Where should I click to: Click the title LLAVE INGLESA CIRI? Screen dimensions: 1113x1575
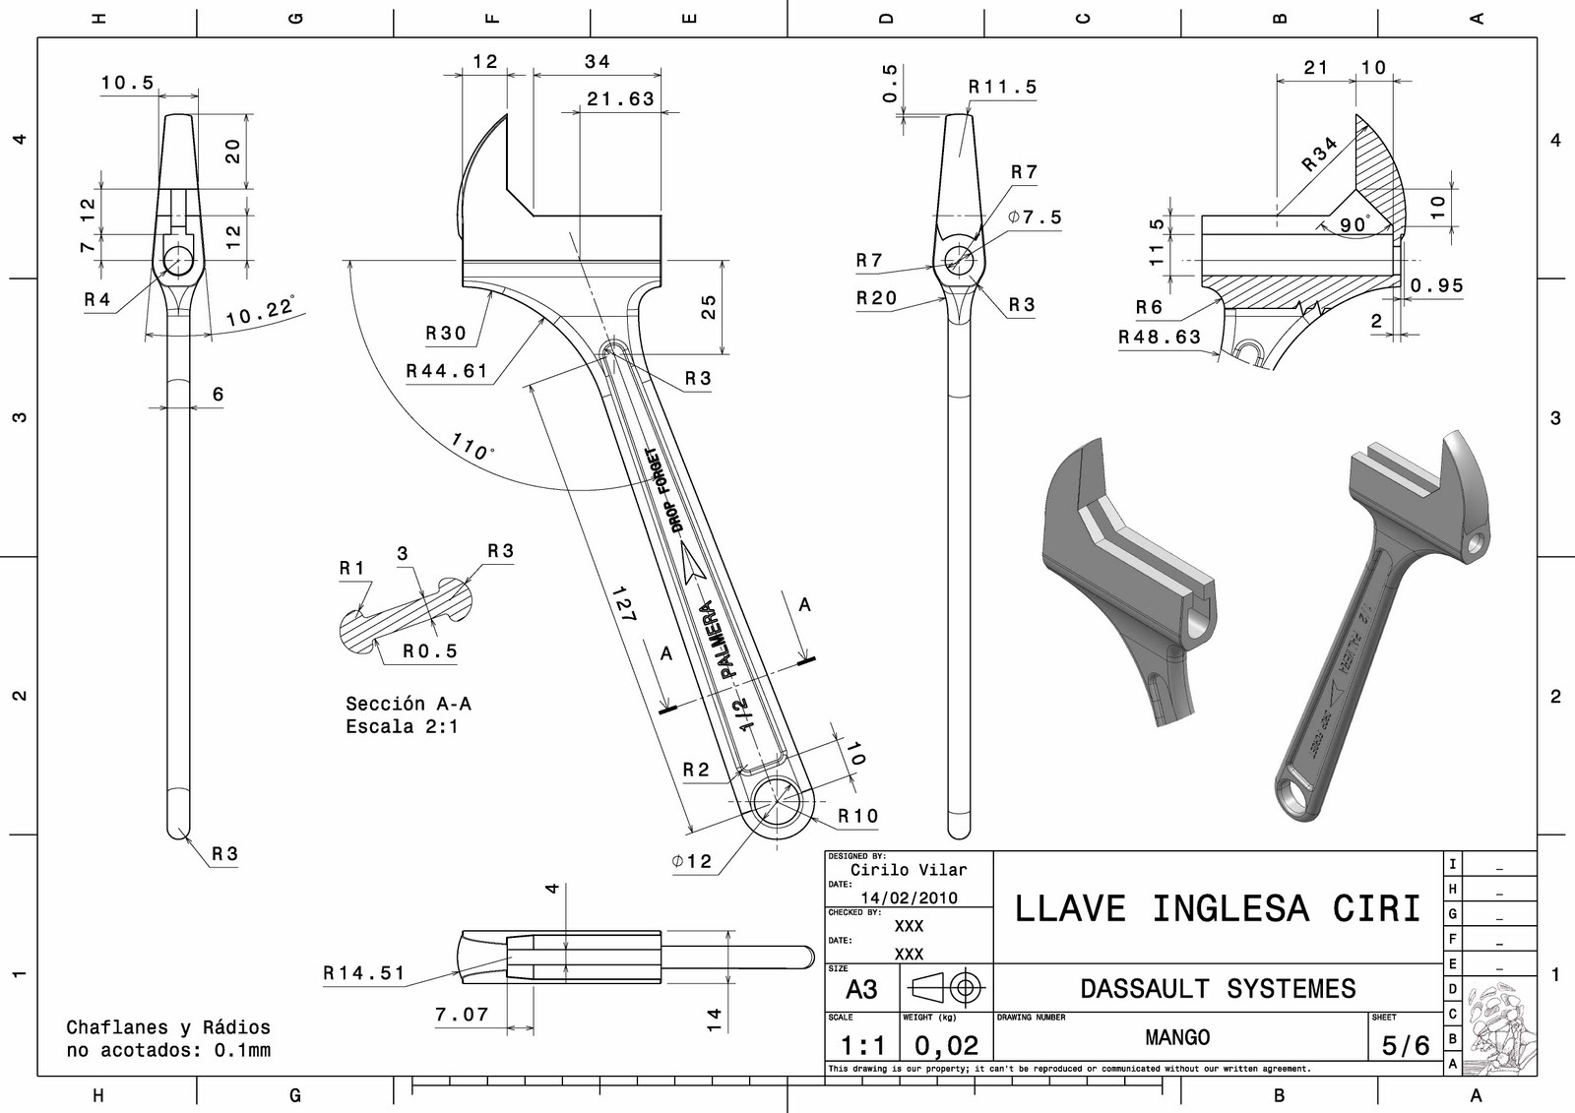pos(1218,907)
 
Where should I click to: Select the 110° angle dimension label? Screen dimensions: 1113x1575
pos(473,447)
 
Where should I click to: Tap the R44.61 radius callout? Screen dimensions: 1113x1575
pos(447,371)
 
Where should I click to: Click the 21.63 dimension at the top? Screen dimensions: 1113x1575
pos(620,98)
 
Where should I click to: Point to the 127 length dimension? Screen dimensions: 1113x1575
pos(624,603)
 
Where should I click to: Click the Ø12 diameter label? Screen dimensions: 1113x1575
pos(692,861)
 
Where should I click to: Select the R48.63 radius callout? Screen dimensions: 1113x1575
pos(1160,337)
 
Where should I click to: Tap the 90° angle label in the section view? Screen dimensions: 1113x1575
pos(1354,224)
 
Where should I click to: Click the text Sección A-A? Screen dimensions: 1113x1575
pos(408,703)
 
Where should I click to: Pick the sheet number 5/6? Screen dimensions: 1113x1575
pos(1405,1045)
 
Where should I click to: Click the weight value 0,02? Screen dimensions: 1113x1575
pos(946,1045)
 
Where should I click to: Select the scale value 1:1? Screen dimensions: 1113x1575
pos(862,1045)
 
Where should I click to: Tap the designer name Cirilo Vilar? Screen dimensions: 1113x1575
pos(909,870)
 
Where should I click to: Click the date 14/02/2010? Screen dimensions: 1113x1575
pos(909,897)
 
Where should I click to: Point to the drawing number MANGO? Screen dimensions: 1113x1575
pos(1177,1037)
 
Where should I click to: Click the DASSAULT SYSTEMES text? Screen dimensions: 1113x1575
pos(1218,988)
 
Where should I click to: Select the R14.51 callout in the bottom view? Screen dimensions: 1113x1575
pos(364,972)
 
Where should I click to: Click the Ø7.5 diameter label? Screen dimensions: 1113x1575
pos(1035,216)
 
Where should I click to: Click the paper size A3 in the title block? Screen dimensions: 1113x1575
pos(861,988)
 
